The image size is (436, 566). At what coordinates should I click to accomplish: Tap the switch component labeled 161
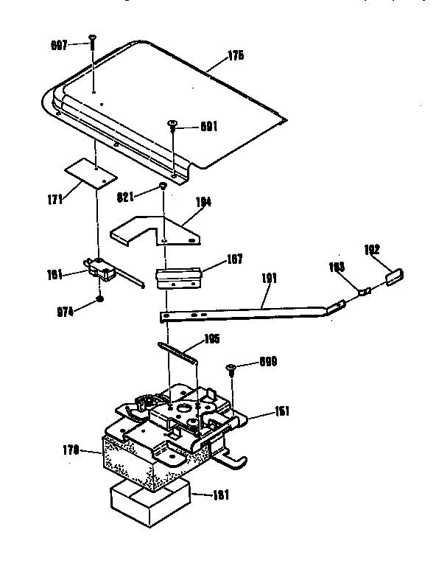point(101,272)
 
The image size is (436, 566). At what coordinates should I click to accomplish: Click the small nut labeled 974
point(99,301)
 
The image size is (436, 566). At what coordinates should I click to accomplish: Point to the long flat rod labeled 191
point(243,310)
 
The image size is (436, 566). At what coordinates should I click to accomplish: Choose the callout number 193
point(336,269)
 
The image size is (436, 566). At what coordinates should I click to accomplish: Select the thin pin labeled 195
point(177,352)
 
